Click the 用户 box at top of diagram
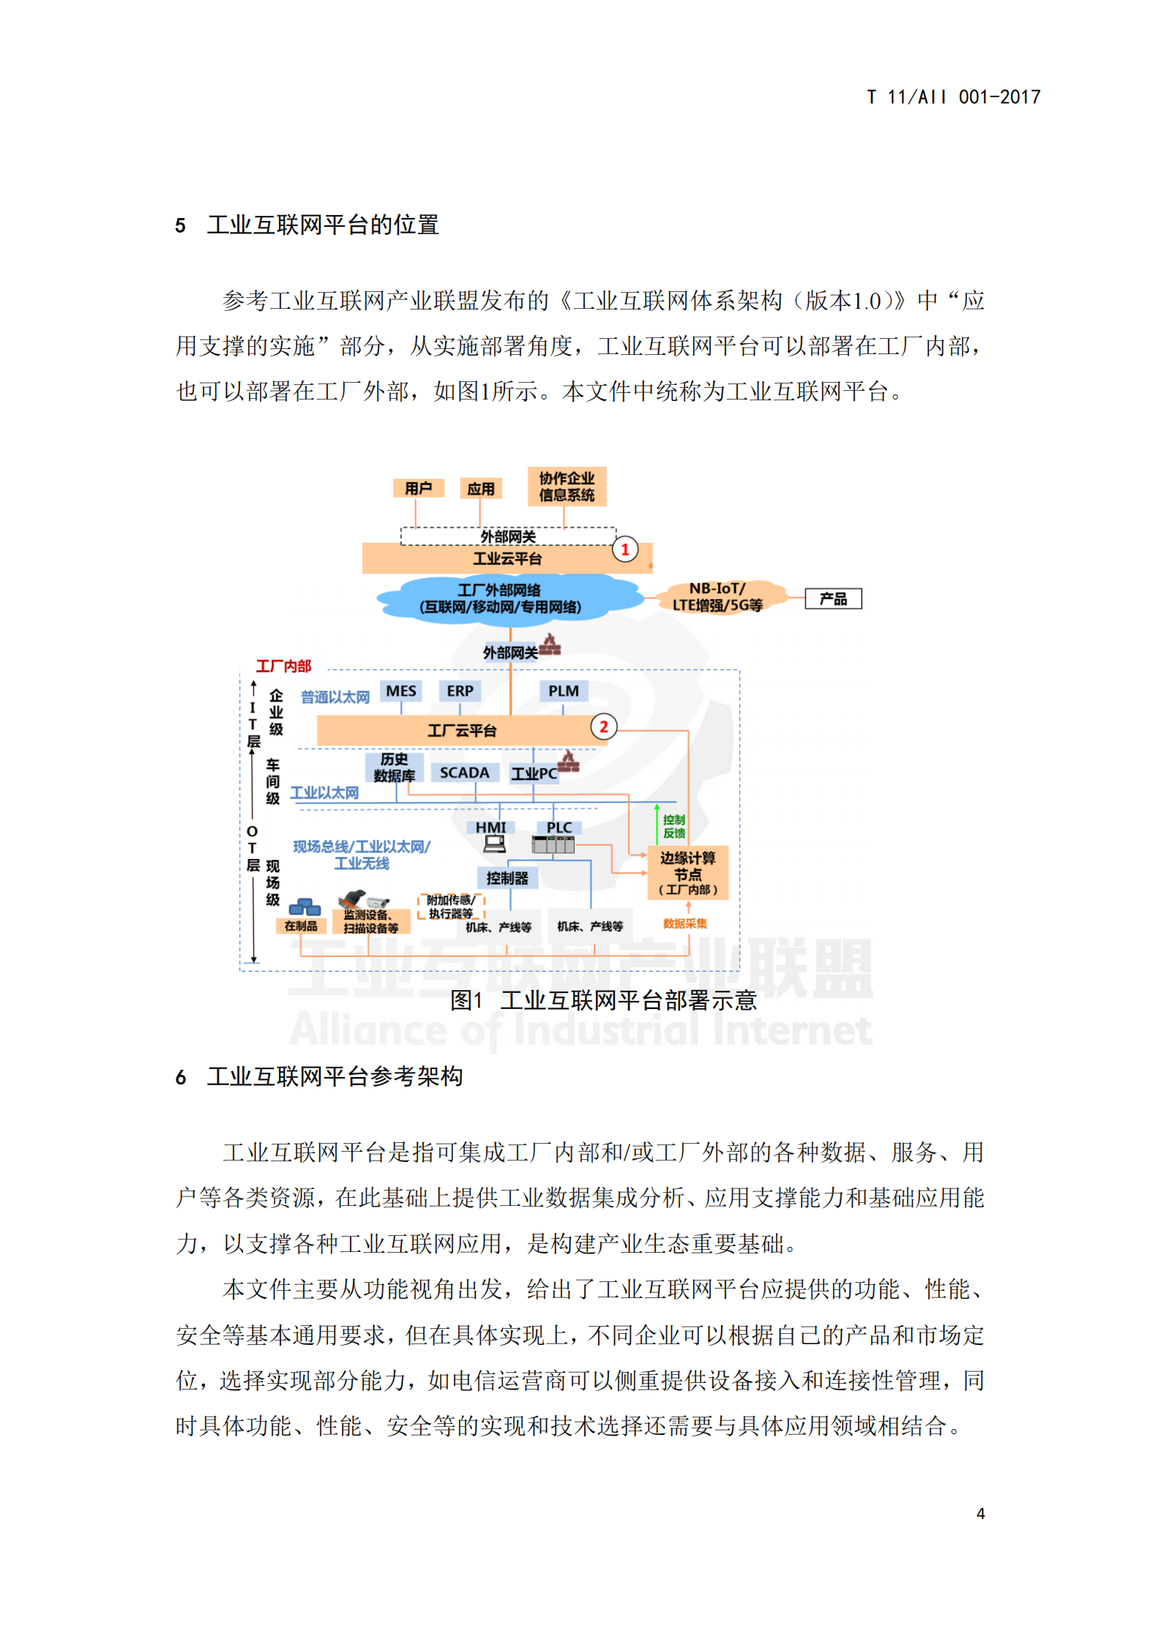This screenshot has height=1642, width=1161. click(418, 488)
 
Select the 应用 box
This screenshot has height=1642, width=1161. click(481, 489)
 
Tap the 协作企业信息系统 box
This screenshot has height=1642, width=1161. click(567, 487)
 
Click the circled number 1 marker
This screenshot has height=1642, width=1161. click(625, 550)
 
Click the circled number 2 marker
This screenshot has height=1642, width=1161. click(604, 727)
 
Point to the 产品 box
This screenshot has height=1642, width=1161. click(833, 599)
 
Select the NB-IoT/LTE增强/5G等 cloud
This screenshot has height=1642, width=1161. click(717, 597)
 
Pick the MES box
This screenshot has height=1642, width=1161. click(401, 691)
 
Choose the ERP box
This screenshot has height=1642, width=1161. click(460, 691)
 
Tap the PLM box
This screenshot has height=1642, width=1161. click(563, 691)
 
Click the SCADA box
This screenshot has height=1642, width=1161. click(464, 773)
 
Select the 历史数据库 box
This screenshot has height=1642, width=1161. click(394, 768)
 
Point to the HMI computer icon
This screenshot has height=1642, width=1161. click(495, 844)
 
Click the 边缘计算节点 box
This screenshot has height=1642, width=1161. click(687, 873)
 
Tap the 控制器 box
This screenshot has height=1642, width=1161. click(507, 878)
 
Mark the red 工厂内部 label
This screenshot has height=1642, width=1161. click(283, 666)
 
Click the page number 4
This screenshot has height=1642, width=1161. click(980, 1513)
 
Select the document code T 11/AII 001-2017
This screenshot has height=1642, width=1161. click(953, 97)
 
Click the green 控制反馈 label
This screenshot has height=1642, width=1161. click(673, 826)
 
